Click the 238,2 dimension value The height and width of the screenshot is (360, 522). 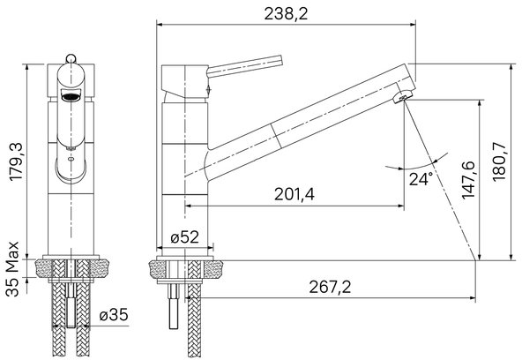[286, 14]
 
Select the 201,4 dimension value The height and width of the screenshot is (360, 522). [295, 194]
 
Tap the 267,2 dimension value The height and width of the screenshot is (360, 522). [330, 287]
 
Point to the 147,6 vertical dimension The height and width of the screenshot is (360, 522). [468, 180]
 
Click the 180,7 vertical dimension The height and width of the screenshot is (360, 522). [499, 161]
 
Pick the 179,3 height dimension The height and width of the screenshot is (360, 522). [16, 161]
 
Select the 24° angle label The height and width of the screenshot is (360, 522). [421, 179]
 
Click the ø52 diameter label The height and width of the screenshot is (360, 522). [184, 237]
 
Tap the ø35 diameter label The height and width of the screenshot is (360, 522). [114, 315]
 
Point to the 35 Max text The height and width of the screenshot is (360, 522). [12, 269]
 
